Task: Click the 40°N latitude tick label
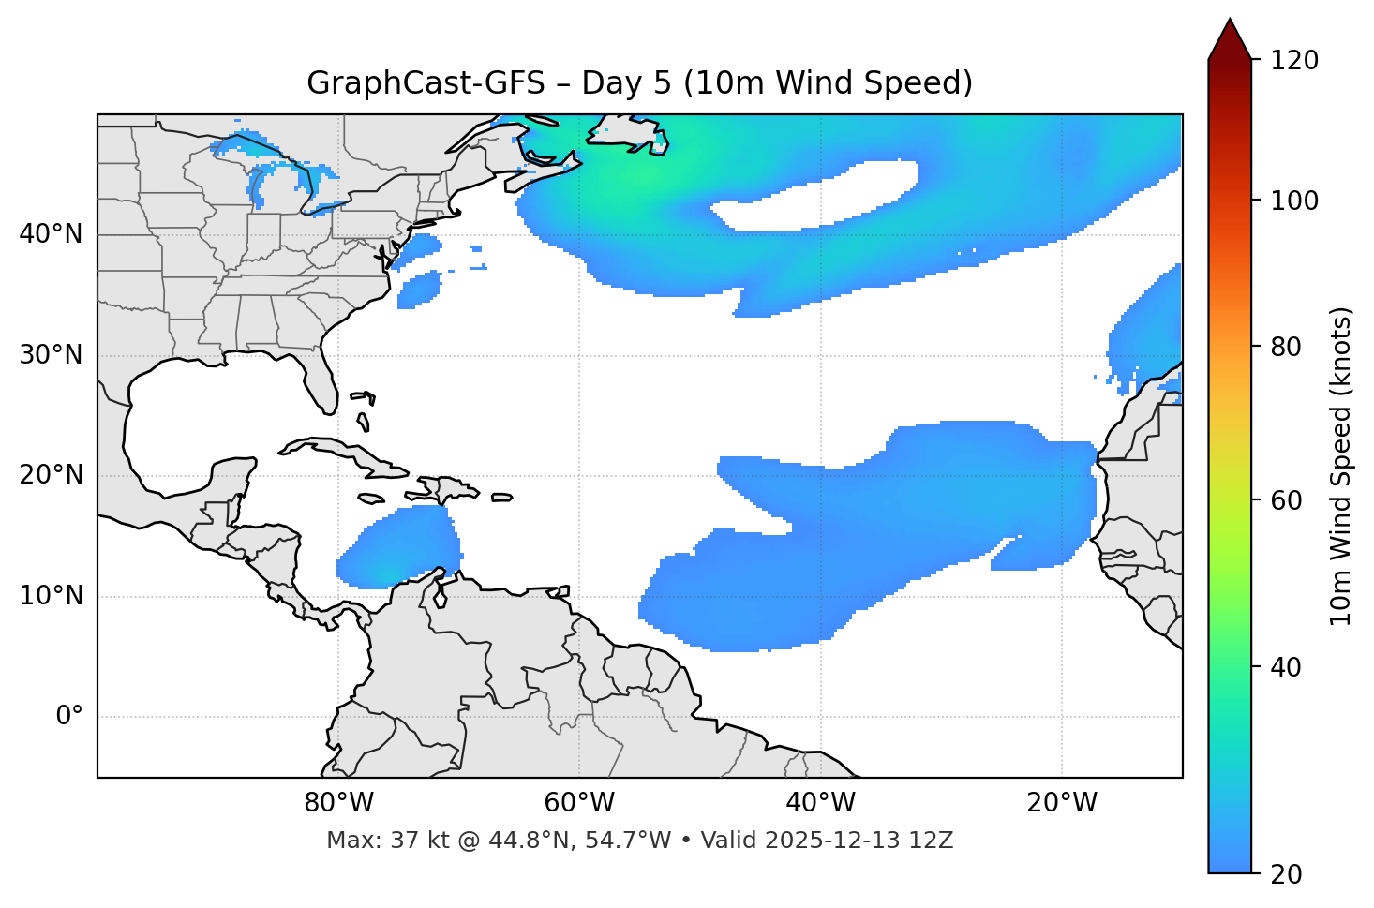[51, 234]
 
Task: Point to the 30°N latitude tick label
[51, 355]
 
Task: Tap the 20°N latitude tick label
[51, 475]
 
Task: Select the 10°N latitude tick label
[51, 596]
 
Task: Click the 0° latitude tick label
[69, 717]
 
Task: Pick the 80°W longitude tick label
[338, 803]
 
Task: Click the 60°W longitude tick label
[579, 803]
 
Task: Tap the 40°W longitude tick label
[820, 803]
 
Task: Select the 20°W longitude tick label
[1062, 803]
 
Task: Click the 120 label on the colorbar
[1293, 61]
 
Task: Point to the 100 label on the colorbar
[1293, 201]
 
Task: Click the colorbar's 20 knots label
[1286, 874]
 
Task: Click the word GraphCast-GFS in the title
[426, 84]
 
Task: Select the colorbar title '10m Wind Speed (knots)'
[1341, 466]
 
